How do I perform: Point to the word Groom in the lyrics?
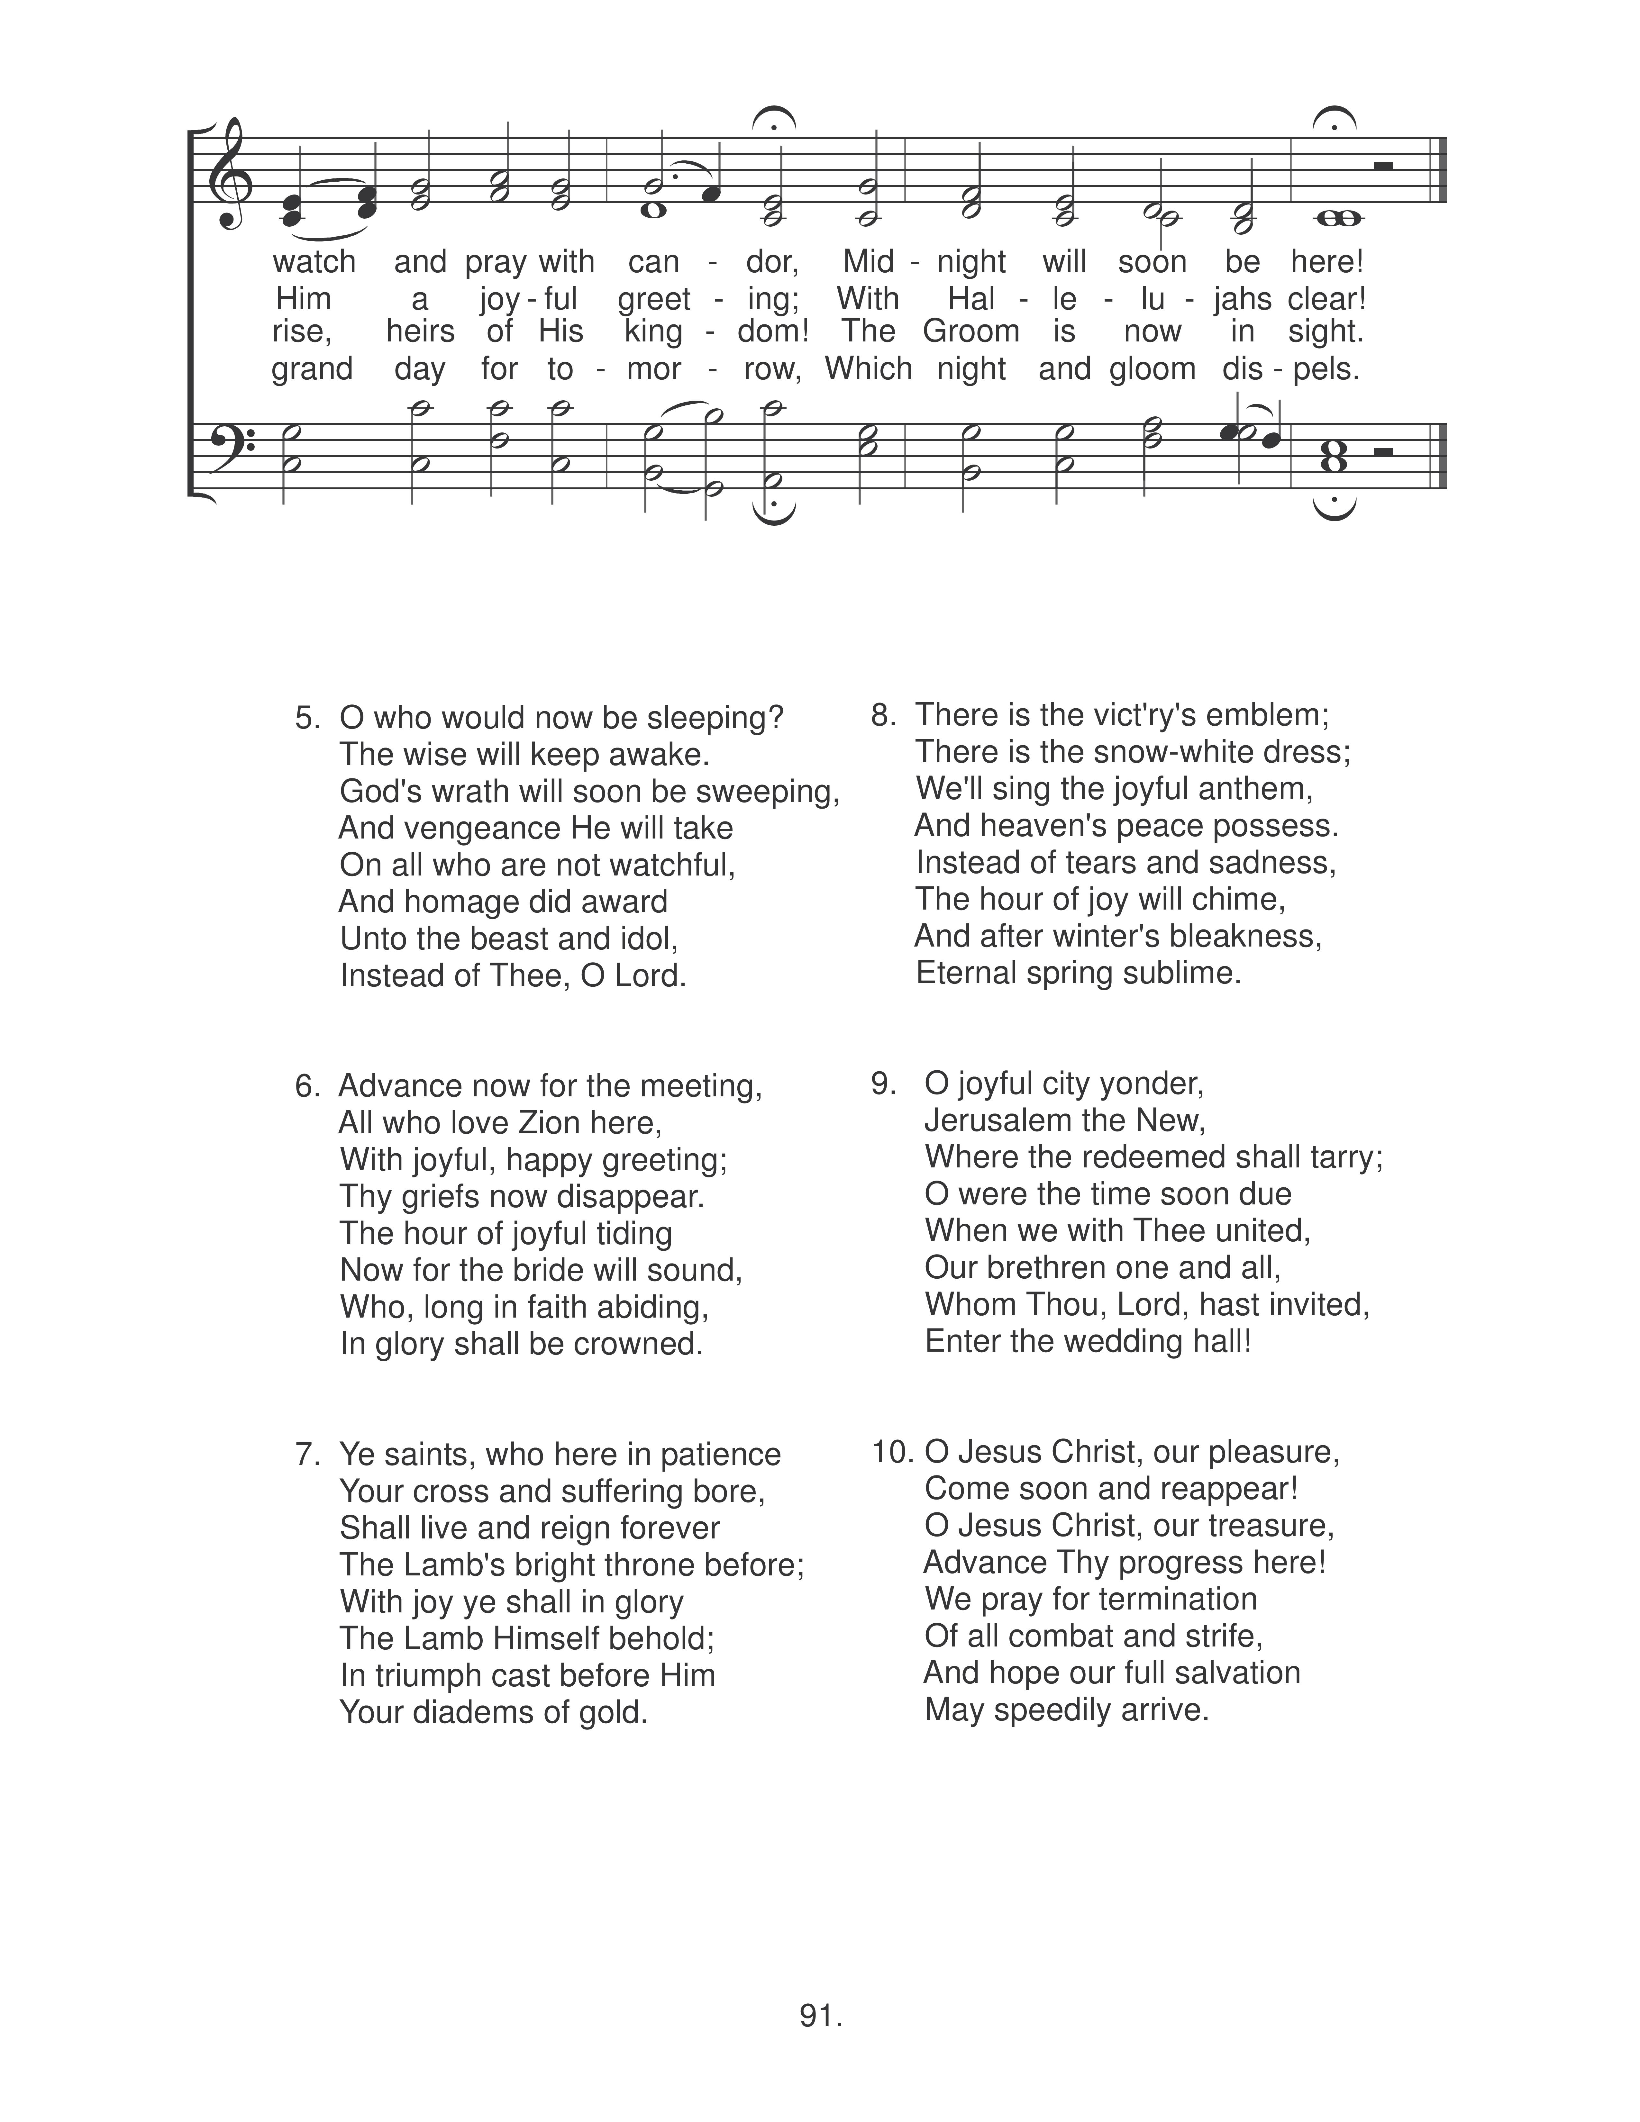[x=970, y=331]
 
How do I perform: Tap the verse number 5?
[x=307, y=718]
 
